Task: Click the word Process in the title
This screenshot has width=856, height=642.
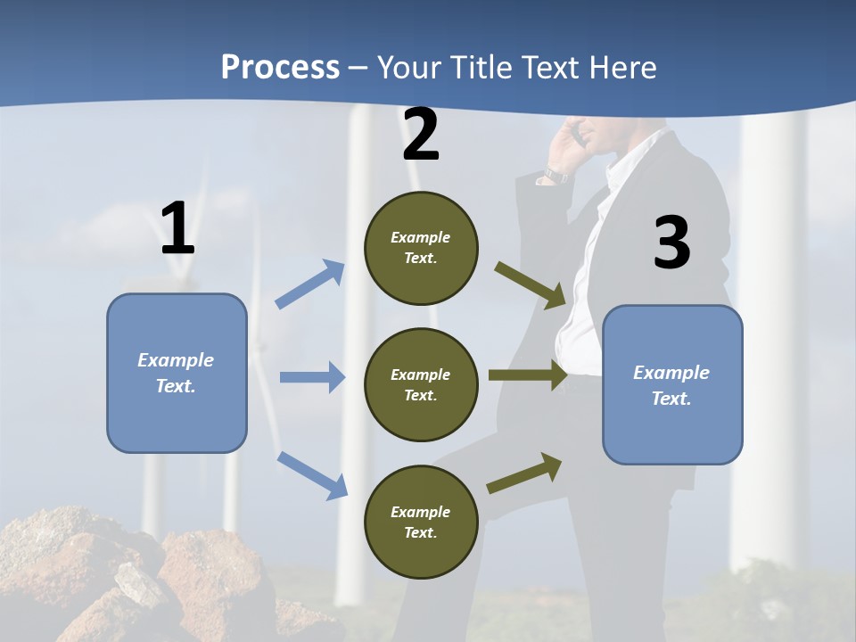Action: (280, 68)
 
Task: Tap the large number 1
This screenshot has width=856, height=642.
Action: (177, 229)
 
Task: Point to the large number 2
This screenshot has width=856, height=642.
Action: (421, 136)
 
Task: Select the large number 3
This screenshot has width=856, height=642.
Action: (671, 243)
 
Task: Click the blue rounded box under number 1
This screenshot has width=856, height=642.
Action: (177, 373)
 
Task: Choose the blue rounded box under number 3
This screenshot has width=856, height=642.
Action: (672, 385)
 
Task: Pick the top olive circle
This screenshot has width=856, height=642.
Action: (421, 248)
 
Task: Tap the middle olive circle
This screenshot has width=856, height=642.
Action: (421, 385)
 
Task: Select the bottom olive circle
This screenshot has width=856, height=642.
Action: (421, 522)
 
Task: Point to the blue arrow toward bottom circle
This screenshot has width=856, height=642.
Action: (312, 475)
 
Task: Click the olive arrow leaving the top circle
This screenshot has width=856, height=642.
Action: (531, 284)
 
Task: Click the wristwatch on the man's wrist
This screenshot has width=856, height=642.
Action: (556, 176)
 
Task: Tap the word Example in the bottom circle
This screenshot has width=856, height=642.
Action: (420, 512)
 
